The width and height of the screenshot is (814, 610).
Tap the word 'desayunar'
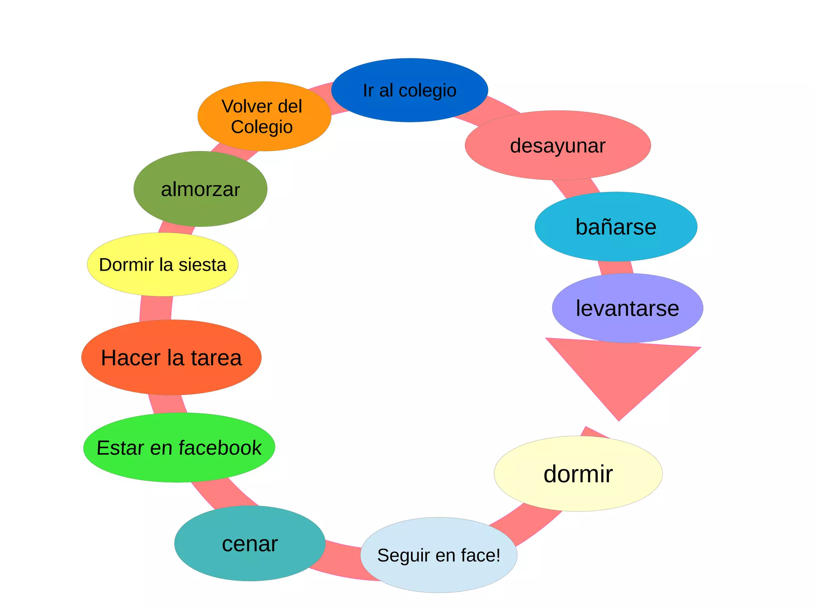tap(557, 146)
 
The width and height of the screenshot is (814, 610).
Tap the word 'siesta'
tap(202, 265)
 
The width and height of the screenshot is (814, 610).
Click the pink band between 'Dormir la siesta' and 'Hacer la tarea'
tap(156, 308)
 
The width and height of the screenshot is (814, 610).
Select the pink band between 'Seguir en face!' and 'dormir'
tap(525, 525)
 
